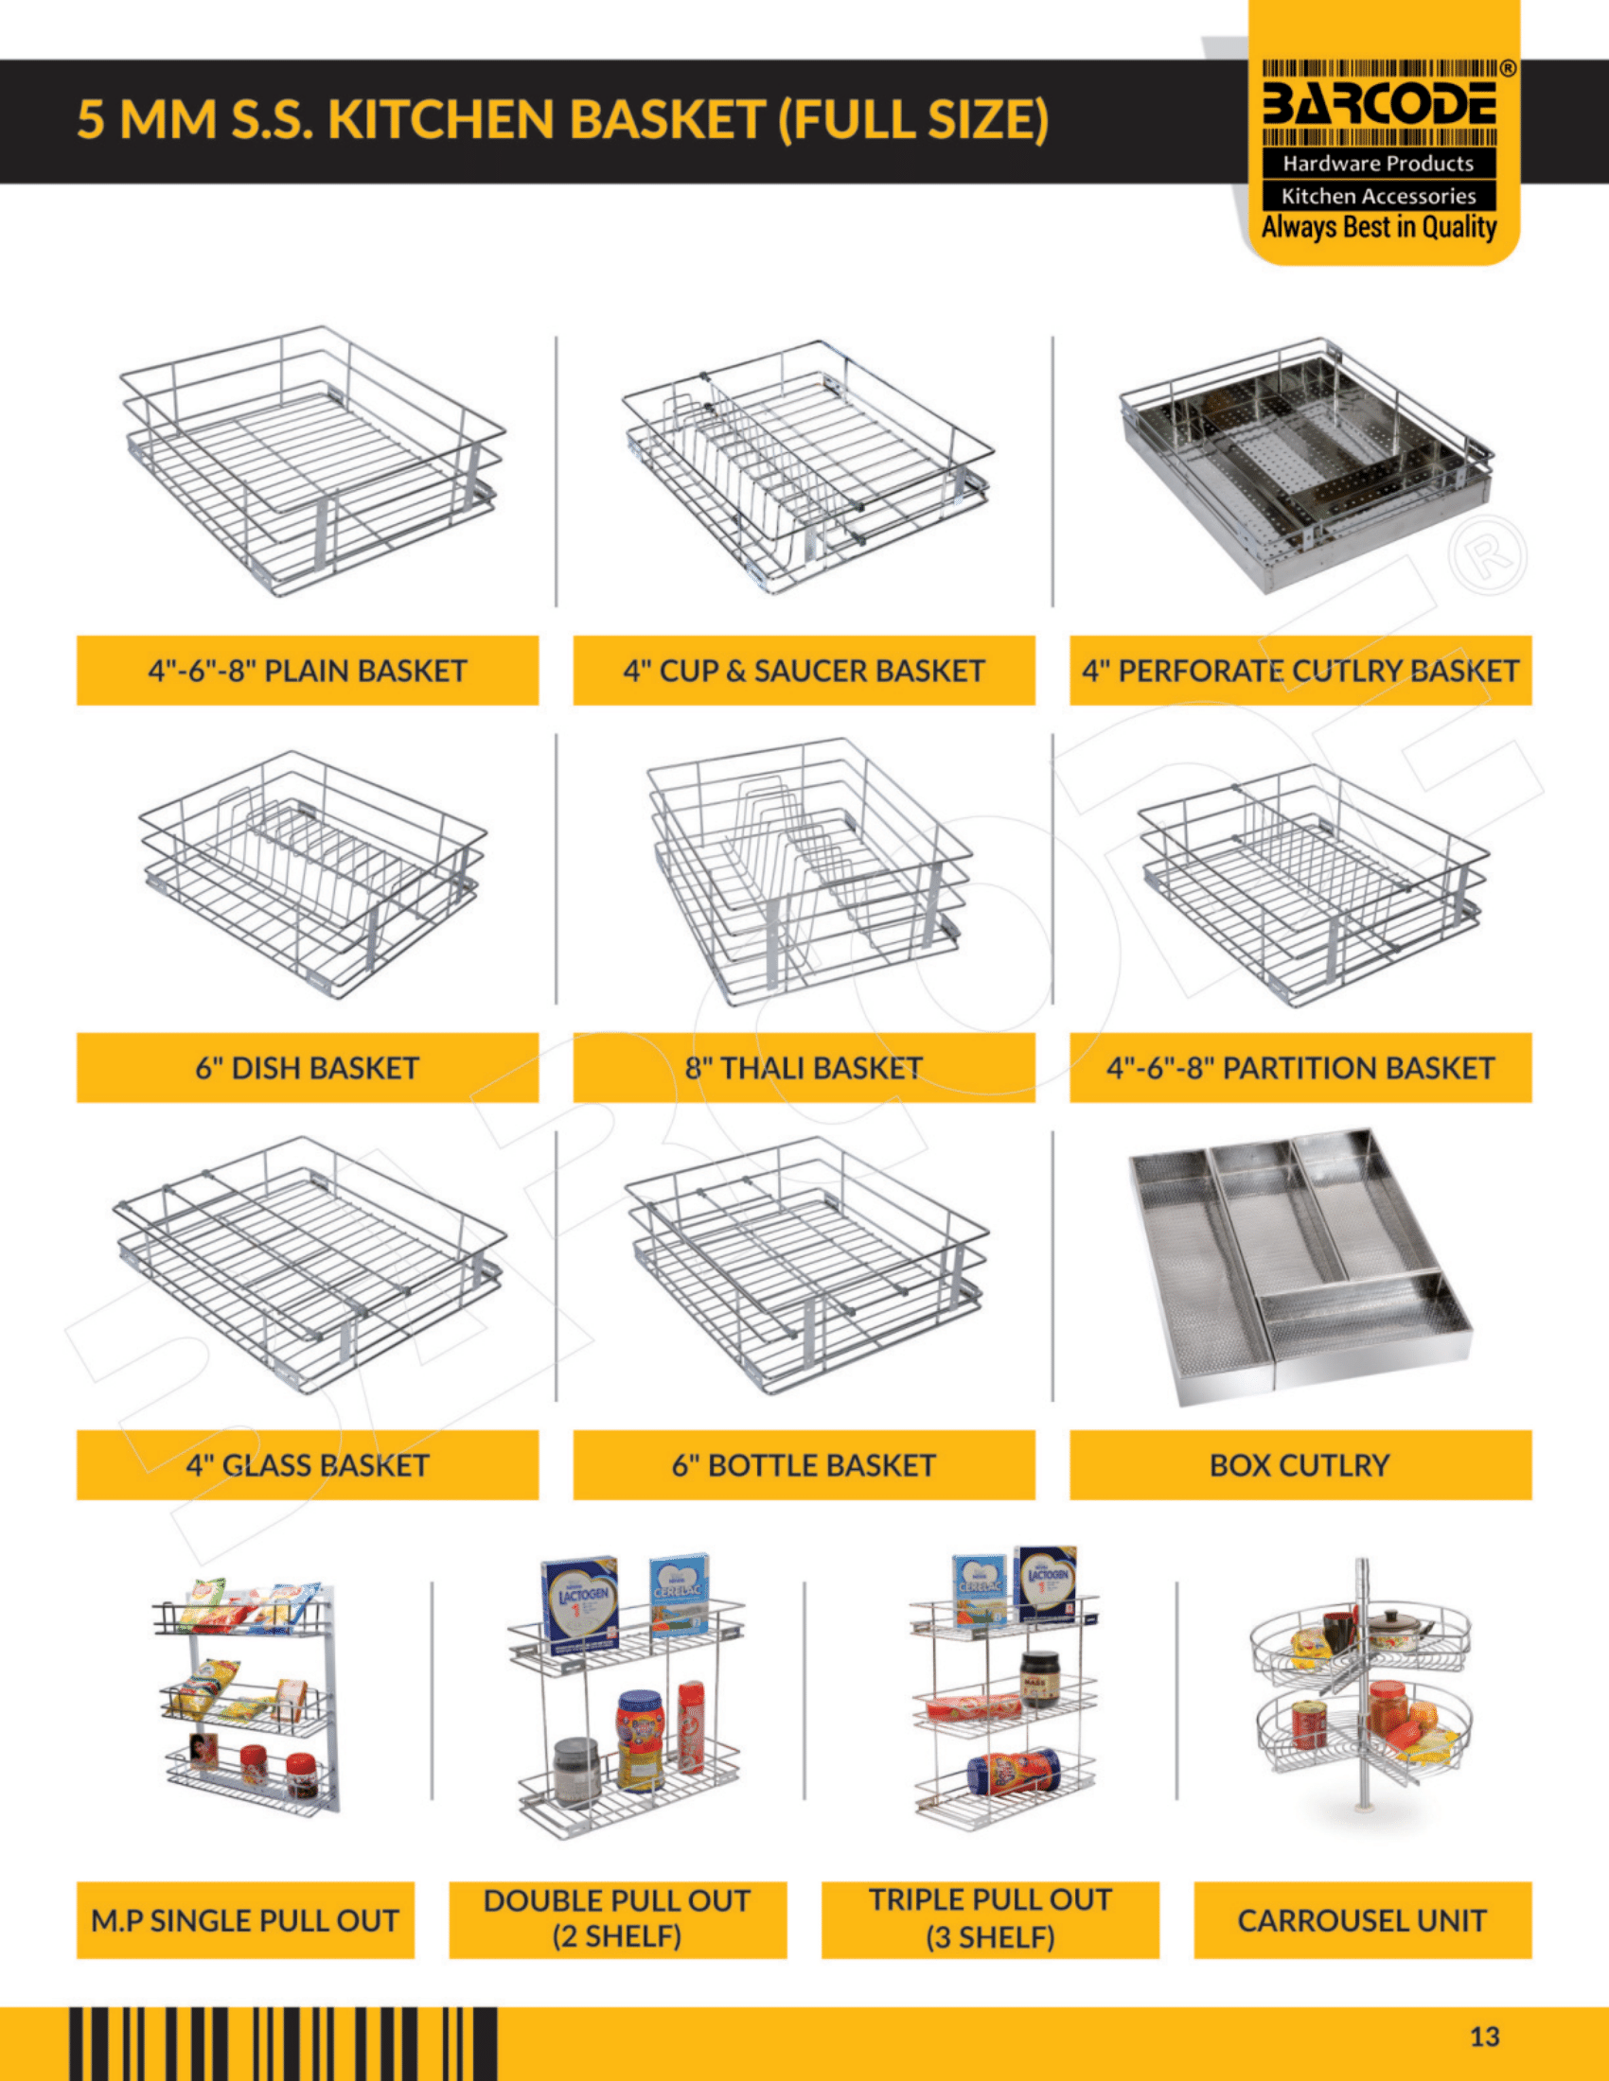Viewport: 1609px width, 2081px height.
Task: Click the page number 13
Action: click(x=1484, y=2037)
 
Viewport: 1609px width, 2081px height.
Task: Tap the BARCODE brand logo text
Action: click(x=1378, y=104)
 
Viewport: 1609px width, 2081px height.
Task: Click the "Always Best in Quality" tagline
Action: click(x=1378, y=227)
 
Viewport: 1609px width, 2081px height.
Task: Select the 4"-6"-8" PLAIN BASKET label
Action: click(x=307, y=671)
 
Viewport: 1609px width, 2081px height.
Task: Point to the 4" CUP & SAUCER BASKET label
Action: click(x=804, y=671)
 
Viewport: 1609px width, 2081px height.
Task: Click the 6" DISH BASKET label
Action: click(x=307, y=1068)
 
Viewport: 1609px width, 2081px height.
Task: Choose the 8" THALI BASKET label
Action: click(x=804, y=1068)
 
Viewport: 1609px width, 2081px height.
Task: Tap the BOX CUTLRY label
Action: click(x=1300, y=1464)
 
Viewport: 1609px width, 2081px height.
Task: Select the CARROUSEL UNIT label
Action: click(x=1362, y=1920)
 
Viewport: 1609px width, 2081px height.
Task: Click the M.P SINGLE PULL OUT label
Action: click(x=245, y=1920)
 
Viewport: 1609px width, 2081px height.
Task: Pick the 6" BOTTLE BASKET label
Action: click(x=804, y=1464)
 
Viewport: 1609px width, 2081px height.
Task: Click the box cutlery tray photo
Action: click(x=1300, y=1267)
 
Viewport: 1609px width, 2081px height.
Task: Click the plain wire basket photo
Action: click(x=312, y=463)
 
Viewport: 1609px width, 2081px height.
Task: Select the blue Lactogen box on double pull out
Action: click(x=578, y=1605)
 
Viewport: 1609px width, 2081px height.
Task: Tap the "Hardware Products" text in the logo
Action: click(x=1378, y=163)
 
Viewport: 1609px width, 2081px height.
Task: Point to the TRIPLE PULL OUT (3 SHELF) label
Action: click(x=990, y=1919)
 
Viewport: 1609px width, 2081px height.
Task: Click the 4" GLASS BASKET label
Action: click(x=307, y=1464)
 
